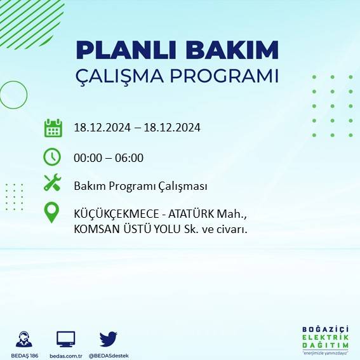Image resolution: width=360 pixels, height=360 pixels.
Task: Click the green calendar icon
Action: [53, 128]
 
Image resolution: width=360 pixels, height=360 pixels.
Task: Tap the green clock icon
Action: [52, 156]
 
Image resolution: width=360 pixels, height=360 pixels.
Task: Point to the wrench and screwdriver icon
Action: [52, 184]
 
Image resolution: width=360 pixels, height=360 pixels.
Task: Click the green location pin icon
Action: [52, 213]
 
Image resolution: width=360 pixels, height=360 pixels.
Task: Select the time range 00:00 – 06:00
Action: [109, 157]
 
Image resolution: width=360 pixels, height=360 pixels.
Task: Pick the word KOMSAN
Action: [95, 229]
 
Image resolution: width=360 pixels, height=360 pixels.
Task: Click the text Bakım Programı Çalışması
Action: [140, 186]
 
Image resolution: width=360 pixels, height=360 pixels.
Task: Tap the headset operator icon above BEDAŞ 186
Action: [25, 338]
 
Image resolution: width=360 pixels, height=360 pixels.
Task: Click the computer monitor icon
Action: [66, 338]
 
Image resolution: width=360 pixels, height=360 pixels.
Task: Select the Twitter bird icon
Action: [108, 338]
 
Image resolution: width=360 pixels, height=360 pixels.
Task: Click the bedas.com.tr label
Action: [66, 355]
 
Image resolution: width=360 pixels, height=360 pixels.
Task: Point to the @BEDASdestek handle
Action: [108, 355]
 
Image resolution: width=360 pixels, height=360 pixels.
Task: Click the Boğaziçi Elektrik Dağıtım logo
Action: [325, 339]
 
